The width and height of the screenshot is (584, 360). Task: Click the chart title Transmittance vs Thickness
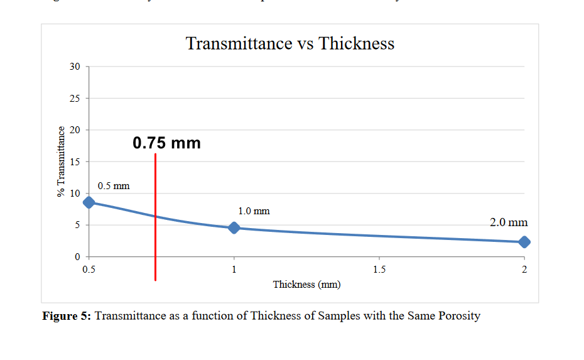click(x=290, y=43)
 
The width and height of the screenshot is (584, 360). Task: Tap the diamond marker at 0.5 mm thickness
click(x=89, y=202)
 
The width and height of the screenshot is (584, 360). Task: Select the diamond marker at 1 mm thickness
click(x=234, y=227)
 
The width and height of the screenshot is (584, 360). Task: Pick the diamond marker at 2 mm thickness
click(x=524, y=242)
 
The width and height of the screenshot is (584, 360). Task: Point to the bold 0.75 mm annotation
click(x=167, y=143)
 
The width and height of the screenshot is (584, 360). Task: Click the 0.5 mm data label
click(x=114, y=186)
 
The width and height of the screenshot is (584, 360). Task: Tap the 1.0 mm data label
click(x=254, y=211)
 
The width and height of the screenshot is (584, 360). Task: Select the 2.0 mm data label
click(x=509, y=222)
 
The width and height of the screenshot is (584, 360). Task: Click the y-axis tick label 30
click(x=75, y=67)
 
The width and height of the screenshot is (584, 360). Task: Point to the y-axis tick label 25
click(x=75, y=99)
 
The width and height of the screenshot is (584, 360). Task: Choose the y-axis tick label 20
click(x=75, y=130)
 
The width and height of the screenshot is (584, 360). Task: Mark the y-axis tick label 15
click(x=75, y=162)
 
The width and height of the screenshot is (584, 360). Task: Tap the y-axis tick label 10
click(x=75, y=194)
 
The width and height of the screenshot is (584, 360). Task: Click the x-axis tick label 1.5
click(x=379, y=270)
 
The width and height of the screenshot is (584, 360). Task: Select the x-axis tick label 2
click(x=524, y=270)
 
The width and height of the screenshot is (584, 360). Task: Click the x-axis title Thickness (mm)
click(x=306, y=285)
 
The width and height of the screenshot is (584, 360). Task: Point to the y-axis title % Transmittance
click(x=61, y=161)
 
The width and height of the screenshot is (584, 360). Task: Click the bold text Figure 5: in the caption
click(x=67, y=316)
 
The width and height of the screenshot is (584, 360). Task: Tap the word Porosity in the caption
click(x=458, y=316)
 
